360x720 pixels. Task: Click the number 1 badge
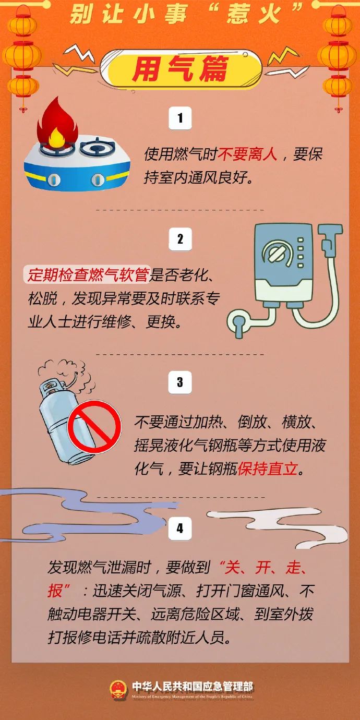pyautogui.click(x=180, y=118)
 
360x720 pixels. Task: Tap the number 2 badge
pyautogui.click(x=180, y=239)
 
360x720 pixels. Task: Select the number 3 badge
pyautogui.click(x=180, y=382)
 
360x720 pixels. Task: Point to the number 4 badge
pyautogui.click(x=180, y=529)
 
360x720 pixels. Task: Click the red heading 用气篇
pyautogui.click(x=181, y=68)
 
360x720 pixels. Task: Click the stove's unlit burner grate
pyautogui.click(x=97, y=147)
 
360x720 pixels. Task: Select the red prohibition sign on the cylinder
pyautogui.click(x=94, y=427)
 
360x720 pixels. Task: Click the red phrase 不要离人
pyautogui.click(x=247, y=154)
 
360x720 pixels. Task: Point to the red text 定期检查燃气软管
pyautogui.click(x=88, y=275)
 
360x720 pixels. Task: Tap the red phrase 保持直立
pyautogui.click(x=268, y=469)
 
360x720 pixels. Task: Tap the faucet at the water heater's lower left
pyautogui.click(x=238, y=323)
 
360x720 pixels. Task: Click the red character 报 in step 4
pyautogui.click(x=55, y=591)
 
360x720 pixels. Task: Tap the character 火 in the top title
pyautogui.click(x=269, y=15)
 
